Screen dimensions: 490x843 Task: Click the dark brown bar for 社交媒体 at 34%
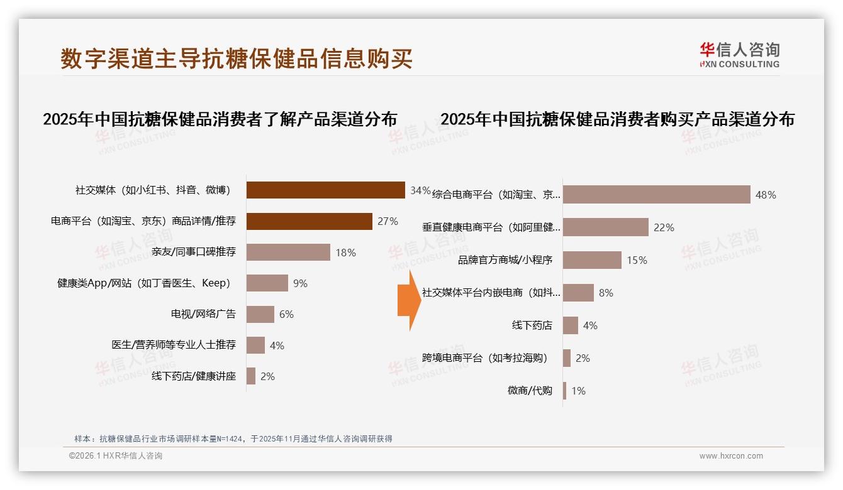325,190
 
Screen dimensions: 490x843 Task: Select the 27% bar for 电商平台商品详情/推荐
309,221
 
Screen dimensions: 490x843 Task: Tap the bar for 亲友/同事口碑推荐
288,252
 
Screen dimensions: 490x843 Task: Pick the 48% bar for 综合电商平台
657,195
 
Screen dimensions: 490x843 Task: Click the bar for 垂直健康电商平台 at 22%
606,227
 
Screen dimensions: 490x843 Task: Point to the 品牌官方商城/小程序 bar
592,260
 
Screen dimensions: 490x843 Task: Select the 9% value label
300,283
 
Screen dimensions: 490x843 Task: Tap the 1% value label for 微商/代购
578,391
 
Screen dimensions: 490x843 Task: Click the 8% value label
606,293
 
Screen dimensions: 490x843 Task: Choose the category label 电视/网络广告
203,314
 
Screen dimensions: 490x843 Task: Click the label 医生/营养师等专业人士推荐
174,345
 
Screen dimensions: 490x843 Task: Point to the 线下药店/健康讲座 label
193,376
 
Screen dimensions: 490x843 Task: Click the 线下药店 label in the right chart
532,325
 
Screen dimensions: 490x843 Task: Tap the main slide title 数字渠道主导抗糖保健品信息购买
237,58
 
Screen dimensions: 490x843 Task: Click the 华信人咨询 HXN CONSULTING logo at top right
739,55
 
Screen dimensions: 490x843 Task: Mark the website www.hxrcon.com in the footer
731,456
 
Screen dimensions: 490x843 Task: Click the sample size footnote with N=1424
233,438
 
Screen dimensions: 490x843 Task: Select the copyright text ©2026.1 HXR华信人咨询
115,456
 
